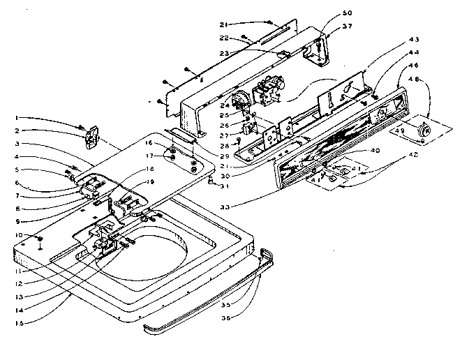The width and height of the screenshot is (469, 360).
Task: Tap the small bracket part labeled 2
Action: pos(90,137)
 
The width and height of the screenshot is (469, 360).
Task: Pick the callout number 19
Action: pos(148,183)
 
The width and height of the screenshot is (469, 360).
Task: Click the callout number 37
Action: pos(347,27)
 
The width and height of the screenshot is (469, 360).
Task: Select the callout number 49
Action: pos(399,131)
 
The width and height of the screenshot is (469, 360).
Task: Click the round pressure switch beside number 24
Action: pos(241,102)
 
